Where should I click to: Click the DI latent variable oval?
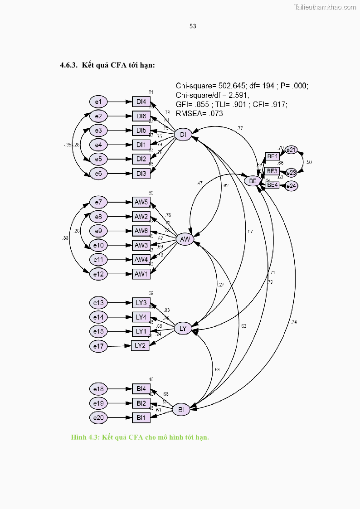point(183,135)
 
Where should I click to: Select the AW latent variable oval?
point(185,239)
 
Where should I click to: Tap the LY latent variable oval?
point(183,329)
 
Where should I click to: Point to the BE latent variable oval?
point(253,181)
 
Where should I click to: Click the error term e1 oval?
point(98,102)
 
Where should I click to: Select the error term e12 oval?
point(98,274)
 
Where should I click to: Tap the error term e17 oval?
point(98,346)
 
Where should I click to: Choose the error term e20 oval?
point(98,417)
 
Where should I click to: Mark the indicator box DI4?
point(141,102)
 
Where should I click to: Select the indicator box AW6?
point(141,231)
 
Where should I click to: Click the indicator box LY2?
point(140,345)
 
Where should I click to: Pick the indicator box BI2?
point(141,403)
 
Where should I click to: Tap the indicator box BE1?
point(272,156)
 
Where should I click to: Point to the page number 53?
point(193,26)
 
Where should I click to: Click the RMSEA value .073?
point(215,114)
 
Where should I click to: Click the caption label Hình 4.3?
point(85,437)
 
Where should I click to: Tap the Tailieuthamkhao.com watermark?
point(325,7)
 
